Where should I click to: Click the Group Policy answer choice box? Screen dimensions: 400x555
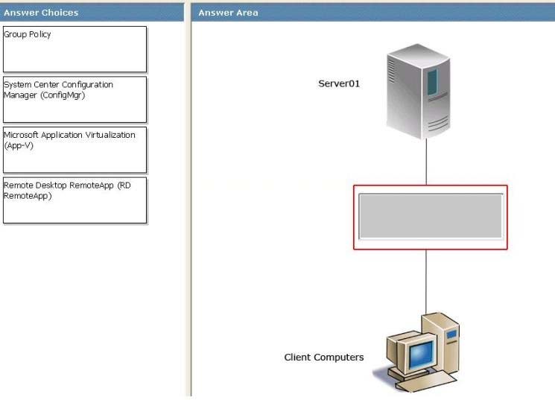click(x=74, y=49)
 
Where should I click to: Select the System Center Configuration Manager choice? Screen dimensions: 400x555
click(x=74, y=100)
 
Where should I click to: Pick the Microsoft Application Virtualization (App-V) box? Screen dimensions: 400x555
click(x=74, y=150)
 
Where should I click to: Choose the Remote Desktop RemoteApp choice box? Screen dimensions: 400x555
click(x=74, y=200)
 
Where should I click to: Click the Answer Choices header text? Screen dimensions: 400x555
click(x=42, y=13)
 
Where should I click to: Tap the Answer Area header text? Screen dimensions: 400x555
click(x=228, y=13)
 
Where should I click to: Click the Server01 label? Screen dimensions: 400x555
click(x=339, y=84)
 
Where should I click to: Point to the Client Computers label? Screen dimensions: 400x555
click(x=324, y=358)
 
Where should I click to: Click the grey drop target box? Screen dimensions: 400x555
click(x=430, y=217)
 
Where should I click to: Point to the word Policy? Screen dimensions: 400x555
click(x=39, y=34)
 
